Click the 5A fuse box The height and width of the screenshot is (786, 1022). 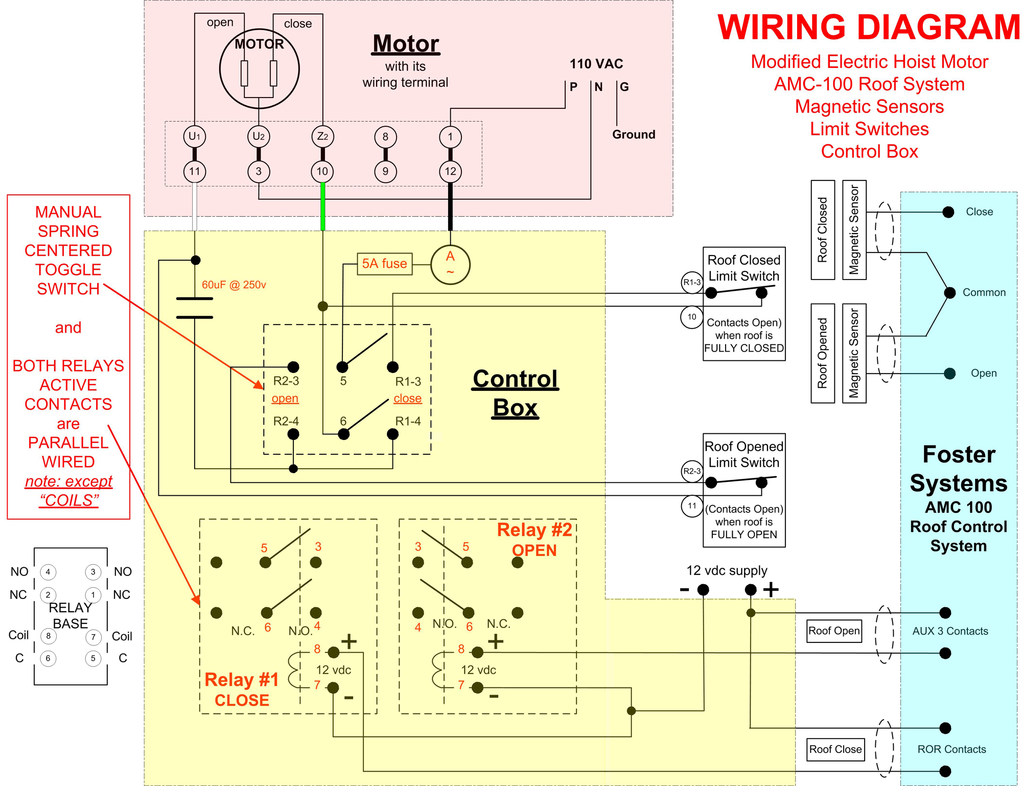384,264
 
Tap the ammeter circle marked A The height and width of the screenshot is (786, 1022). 450,264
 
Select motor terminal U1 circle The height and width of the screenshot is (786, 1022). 194,136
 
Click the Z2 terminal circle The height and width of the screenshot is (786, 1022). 322,136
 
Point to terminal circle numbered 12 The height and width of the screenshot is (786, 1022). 450,171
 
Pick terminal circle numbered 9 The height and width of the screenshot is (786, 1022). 385,171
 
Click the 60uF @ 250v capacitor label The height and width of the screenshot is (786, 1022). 234,285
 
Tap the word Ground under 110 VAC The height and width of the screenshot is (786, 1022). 634,134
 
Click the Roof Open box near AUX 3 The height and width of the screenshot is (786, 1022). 834,631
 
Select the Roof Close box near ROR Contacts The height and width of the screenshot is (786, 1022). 835,749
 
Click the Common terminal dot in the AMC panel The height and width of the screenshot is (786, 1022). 949,293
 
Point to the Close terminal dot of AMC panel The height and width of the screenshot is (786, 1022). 948,212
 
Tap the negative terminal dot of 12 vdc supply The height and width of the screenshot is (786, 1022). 703,590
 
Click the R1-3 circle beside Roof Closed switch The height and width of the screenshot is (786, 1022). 692,283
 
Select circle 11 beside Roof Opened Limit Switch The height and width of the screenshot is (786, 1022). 692,506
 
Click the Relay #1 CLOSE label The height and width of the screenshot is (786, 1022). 242,689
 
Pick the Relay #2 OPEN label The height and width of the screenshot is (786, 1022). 535,540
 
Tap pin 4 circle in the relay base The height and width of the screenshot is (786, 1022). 48,572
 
